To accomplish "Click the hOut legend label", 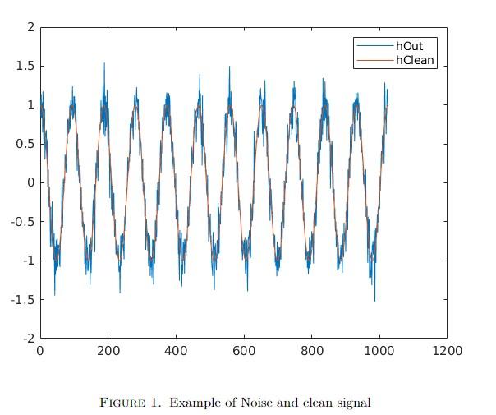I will point(410,46).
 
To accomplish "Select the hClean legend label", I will point(415,61).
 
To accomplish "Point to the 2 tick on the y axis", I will point(30,27).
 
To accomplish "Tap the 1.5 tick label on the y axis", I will point(25,66).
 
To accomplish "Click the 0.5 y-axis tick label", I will point(25,144).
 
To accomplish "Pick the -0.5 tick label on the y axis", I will point(23,221).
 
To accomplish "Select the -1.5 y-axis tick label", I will point(23,299).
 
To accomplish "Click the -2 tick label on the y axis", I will point(28,338).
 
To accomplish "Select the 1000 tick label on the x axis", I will point(378,351).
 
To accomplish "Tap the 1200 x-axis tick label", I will point(447,351).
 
